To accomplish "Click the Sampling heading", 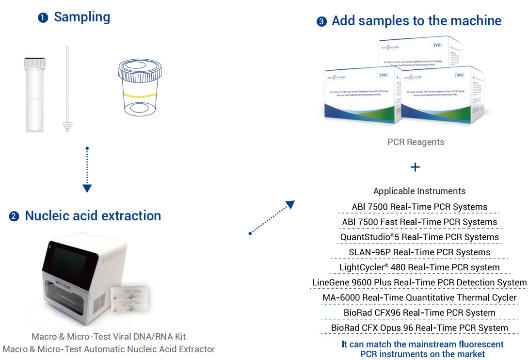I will pos(81,17).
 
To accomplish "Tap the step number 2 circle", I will pos(14,216).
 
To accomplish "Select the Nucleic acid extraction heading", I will pos(93,215).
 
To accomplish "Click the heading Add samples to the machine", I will pos(416,21).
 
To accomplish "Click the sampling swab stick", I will pos(67,90).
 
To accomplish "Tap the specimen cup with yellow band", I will pos(139,88).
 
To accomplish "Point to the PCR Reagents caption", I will pos(416,142).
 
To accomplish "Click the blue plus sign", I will pos(415,167).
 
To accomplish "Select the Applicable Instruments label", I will pos(419,191).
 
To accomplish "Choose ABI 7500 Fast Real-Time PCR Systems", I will pos(419,222).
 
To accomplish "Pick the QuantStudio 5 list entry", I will pos(419,237).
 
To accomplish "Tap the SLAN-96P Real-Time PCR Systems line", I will pos(419,252).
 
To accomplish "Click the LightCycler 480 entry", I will pos(419,267).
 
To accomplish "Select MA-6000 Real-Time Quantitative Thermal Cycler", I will pos(419,297).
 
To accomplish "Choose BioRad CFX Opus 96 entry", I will pos(419,328).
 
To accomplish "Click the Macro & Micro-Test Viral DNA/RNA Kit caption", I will pos(109,336).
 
